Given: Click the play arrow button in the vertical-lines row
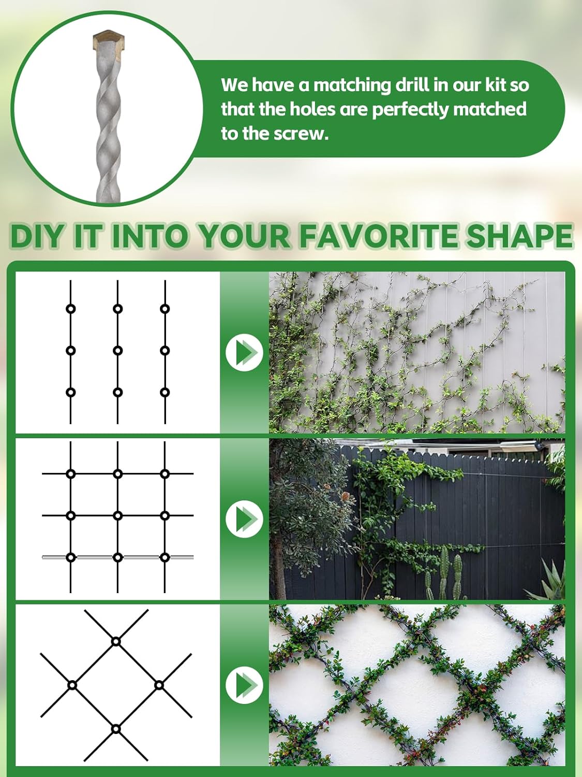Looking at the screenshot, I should tap(244, 353).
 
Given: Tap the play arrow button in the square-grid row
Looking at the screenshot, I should tap(244, 519).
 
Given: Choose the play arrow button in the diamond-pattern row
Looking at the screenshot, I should tap(244, 685).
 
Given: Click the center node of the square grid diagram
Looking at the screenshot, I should tap(118, 515).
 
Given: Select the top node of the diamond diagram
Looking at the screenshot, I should tap(116, 641).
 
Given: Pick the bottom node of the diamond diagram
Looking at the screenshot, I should tap(116, 729).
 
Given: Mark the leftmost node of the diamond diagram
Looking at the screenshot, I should tap(72, 685).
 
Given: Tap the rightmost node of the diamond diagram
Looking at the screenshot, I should tap(159, 685).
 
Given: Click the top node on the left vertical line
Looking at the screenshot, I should tap(71, 309).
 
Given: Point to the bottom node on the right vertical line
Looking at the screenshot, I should tap(165, 392).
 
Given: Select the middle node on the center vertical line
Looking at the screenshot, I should tap(118, 351).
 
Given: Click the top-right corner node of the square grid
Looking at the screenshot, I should tap(165, 473).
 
